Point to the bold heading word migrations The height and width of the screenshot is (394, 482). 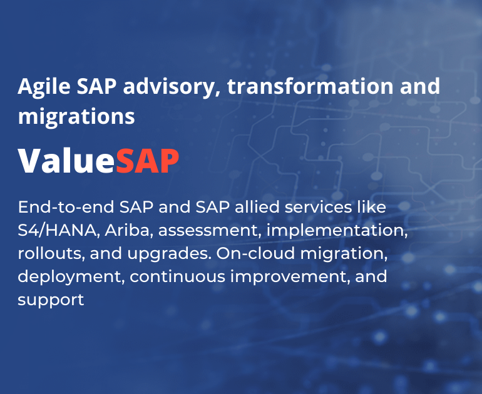pos(76,116)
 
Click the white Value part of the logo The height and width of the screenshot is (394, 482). pos(66,161)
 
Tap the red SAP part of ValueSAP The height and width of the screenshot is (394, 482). pos(148,161)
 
